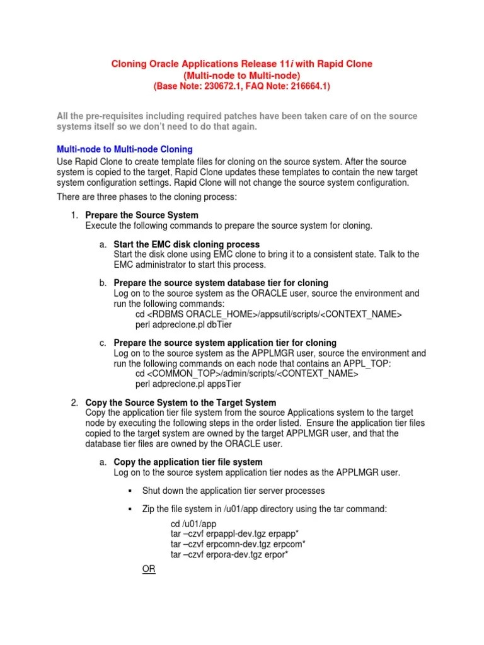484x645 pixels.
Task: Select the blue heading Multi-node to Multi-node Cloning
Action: pyautogui.click(x=125, y=149)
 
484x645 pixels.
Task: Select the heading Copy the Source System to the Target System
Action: pyautogui.click(x=180, y=402)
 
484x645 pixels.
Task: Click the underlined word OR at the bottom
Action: pyautogui.click(x=149, y=569)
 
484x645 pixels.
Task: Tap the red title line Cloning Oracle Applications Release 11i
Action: pyautogui.click(x=241, y=64)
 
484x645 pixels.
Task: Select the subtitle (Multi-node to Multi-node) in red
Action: pyautogui.click(x=241, y=75)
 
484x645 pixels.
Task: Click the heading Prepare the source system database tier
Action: pyautogui.click(x=221, y=283)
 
